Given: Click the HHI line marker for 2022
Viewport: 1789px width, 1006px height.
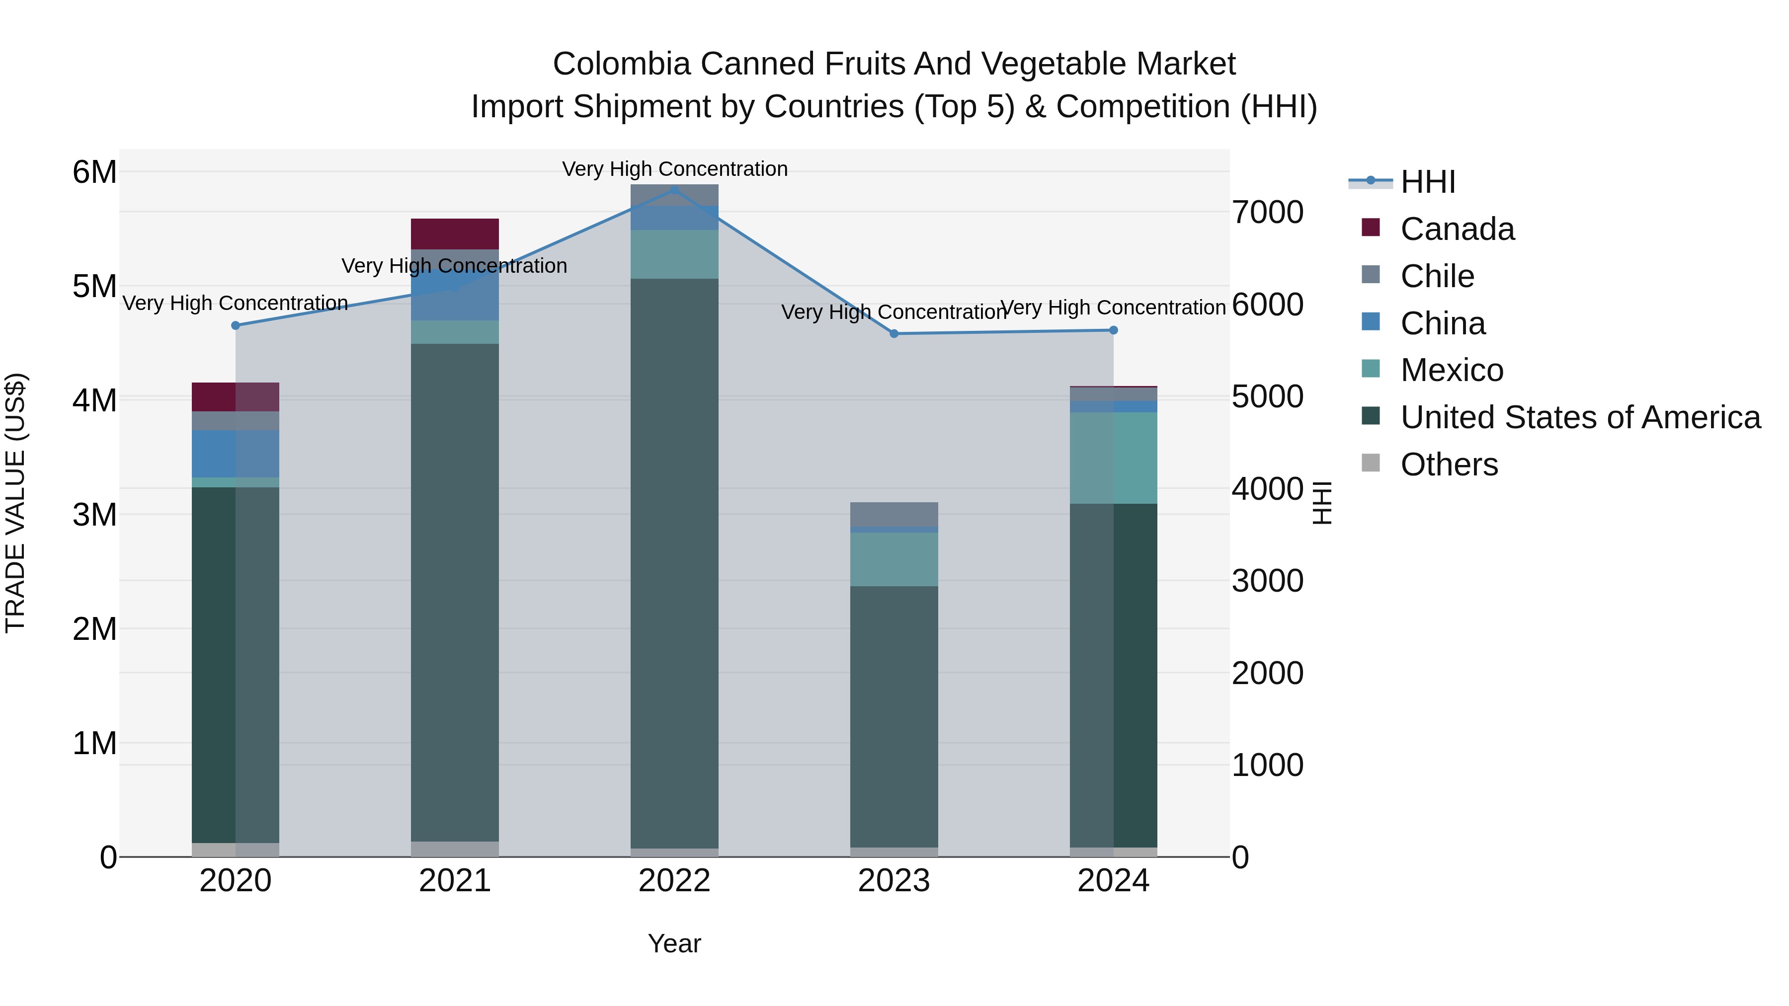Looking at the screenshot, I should (x=674, y=189).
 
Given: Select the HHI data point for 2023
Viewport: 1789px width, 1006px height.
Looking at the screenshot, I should (x=894, y=334).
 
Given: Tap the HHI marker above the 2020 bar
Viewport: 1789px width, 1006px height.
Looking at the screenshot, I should (x=236, y=325).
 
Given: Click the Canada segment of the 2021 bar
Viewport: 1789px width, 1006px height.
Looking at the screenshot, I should (x=455, y=234).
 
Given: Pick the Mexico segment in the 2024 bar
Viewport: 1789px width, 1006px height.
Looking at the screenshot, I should (x=1113, y=458).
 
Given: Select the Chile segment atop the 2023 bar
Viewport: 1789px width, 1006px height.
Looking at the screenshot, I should (x=894, y=515).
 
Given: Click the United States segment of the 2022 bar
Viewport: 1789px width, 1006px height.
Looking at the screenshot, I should (x=674, y=562).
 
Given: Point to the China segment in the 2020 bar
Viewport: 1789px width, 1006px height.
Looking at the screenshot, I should (x=236, y=454).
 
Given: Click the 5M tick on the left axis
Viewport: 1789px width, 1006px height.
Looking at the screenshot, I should (x=94, y=287).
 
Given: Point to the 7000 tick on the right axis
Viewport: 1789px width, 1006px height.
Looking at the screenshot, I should (x=1267, y=213).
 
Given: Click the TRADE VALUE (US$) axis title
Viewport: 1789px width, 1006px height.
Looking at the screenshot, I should (x=16, y=503).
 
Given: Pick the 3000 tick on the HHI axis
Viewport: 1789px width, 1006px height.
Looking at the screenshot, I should (x=1267, y=581).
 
